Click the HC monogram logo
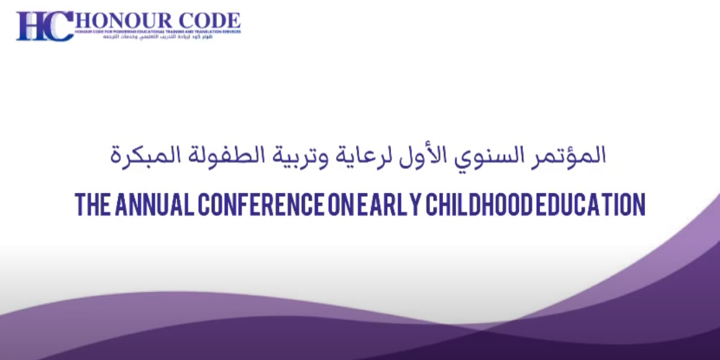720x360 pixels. click(43, 26)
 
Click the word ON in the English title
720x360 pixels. click(341, 205)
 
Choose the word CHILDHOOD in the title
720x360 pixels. click(476, 205)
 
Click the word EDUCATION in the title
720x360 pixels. click(590, 205)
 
